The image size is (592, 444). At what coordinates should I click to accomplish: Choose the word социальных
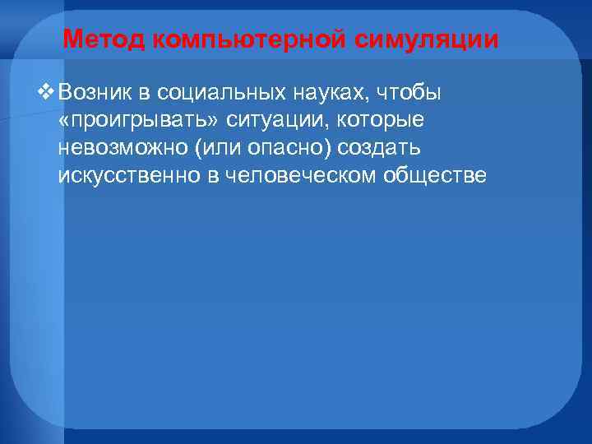pos(210,91)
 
